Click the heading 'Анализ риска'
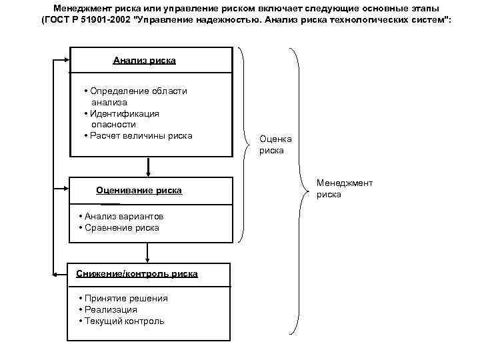click(144, 61)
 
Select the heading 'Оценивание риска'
click(139, 191)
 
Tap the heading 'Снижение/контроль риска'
click(136, 274)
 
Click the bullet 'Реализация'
click(110, 310)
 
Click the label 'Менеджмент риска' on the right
click(344, 189)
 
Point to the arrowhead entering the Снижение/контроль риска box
click(57, 274)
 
